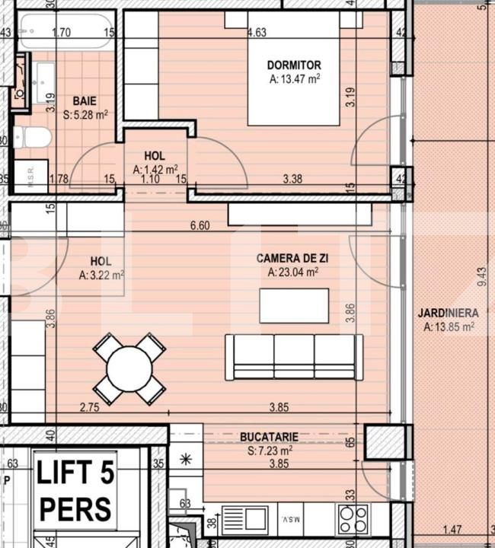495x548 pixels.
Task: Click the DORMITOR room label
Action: pos(294,65)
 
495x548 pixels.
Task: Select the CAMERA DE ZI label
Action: pos(292,259)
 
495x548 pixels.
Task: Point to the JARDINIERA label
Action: pos(448,313)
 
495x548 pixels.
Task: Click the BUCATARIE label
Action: pos(269,436)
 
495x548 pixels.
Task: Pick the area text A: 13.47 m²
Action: pos(294,78)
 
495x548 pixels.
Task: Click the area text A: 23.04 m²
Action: pos(292,272)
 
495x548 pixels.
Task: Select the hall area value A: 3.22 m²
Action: pos(101,275)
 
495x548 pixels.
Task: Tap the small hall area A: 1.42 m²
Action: pos(155,169)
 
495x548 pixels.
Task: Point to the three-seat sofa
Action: pos(293,357)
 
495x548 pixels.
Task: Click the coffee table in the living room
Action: pos(294,306)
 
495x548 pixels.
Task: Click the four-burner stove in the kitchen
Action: pos(352,521)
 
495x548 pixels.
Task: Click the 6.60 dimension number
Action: pos(199,226)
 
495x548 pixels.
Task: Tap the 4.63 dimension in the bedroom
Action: pos(257,32)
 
